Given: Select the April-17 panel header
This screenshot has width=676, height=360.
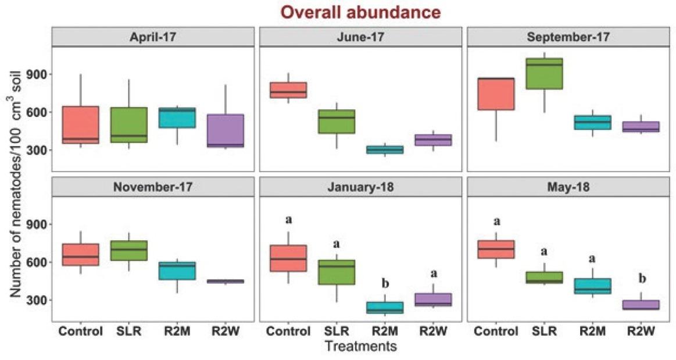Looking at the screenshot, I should [153, 37].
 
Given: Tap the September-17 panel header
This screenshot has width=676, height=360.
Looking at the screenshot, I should [569, 37].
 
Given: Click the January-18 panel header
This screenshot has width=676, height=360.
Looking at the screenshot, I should [361, 187].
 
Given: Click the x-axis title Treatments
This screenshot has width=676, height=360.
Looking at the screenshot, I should [361, 347].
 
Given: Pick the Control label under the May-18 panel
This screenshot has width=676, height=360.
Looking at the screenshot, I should [496, 332].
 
